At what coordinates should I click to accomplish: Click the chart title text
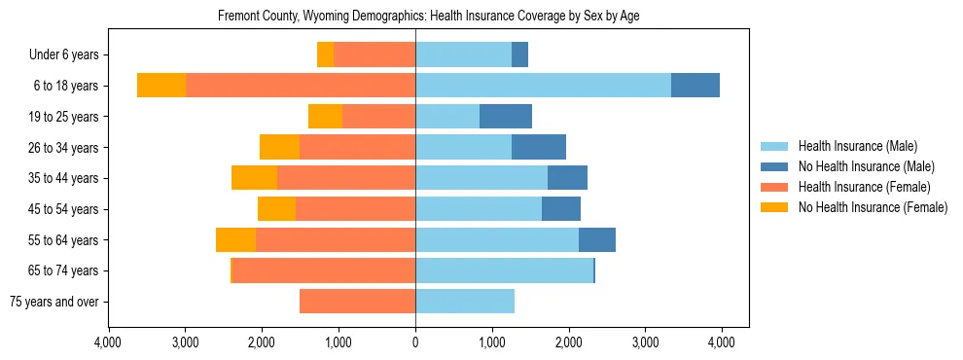pyautogui.click(x=428, y=17)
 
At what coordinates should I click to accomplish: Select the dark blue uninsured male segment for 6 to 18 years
pyautogui.click(x=695, y=86)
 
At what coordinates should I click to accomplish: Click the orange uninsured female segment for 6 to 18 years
pyautogui.click(x=161, y=86)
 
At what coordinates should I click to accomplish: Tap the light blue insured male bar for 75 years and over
pyautogui.click(x=465, y=302)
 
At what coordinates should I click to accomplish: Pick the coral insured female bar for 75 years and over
pyautogui.click(x=357, y=302)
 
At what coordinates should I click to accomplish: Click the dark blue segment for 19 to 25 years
pyautogui.click(x=506, y=117)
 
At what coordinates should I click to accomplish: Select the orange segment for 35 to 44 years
pyautogui.click(x=254, y=178)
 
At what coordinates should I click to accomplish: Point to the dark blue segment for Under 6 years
pyautogui.click(x=519, y=55)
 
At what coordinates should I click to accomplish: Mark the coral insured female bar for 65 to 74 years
pyautogui.click(x=324, y=270)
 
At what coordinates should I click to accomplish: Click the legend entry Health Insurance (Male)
pyautogui.click(x=857, y=146)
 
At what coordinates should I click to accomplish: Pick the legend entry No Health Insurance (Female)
pyautogui.click(x=871, y=207)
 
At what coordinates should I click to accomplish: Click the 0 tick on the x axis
pyautogui.click(x=415, y=342)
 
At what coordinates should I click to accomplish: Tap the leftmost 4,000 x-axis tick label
pyautogui.click(x=108, y=342)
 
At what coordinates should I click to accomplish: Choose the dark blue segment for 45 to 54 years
pyautogui.click(x=561, y=209)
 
